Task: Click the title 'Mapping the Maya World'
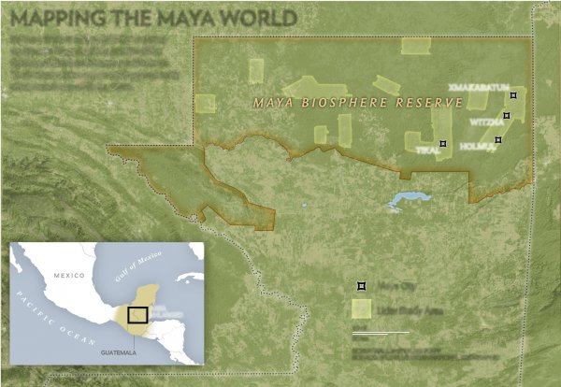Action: coord(151,18)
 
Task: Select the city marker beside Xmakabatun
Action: coord(512,95)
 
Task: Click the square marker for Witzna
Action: coord(507,116)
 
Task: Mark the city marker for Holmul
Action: coord(498,139)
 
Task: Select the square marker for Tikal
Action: coord(443,144)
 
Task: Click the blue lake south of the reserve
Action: coord(407,200)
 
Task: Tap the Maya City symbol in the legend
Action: coord(361,284)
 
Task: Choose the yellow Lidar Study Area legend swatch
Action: coord(361,308)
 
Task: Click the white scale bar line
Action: coord(381,332)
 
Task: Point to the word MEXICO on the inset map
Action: coord(67,276)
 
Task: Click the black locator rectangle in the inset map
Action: coord(138,318)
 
